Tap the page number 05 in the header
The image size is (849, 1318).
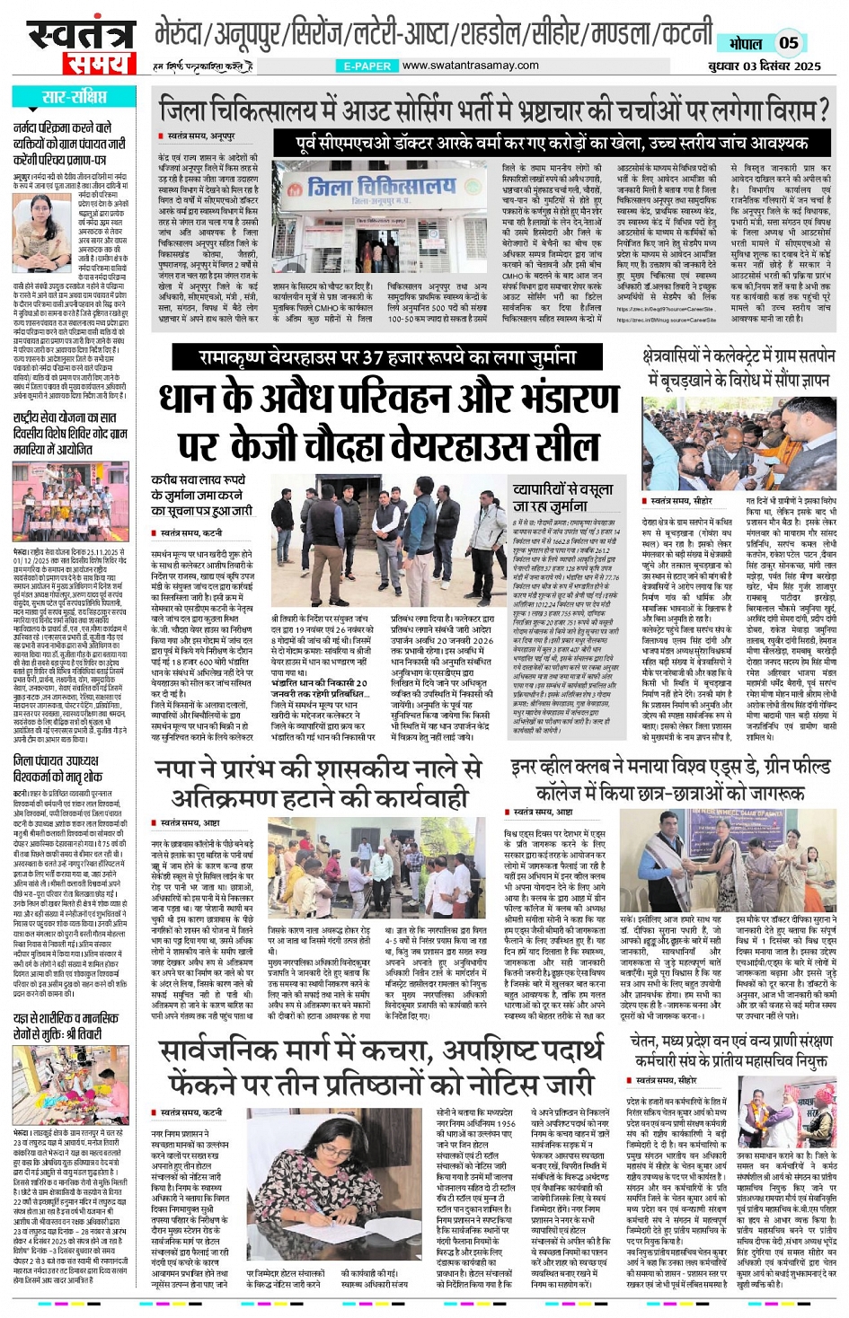click(788, 42)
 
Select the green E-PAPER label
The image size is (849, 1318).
click(367, 66)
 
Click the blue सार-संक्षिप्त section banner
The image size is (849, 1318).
click(72, 97)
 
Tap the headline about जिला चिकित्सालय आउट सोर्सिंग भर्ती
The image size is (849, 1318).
click(492, 111)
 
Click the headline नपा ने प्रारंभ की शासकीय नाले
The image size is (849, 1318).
click(319, 782)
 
